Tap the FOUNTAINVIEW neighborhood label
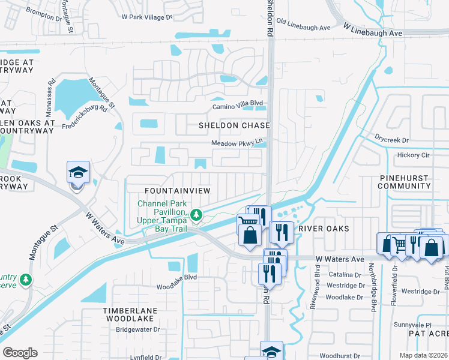(x=178, y=190)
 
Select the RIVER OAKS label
(x=324, y=229)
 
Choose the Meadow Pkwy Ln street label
(x=237, y=143)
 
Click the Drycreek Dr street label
(x=393, y=140)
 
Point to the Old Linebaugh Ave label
(x=304, y=28)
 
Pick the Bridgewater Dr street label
(x=137, y=329)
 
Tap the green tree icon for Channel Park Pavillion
(x=196, y=215)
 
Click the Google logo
(x=20, y=353)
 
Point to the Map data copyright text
(x=423, y=355)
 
